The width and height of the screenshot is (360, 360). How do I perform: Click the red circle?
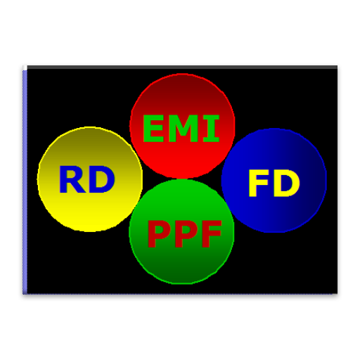(182, 126)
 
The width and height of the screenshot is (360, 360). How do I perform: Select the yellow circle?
(90, 179)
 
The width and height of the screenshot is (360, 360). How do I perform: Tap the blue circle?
(274, 180)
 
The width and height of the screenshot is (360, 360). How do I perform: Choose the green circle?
(181, 231)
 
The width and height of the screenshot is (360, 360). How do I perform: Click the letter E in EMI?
(153, 129)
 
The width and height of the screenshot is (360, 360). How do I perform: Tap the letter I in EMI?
(211, 129)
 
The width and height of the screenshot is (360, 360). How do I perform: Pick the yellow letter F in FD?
(258, 183)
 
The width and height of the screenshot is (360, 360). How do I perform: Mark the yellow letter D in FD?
(286, 183)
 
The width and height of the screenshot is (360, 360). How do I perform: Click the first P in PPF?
(160, 233)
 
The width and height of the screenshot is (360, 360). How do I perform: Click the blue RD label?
(87, 179)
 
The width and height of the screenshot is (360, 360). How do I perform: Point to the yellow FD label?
(274, 183)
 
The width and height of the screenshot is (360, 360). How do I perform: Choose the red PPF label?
(185, 233)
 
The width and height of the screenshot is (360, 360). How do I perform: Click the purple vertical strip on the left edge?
(25, 182)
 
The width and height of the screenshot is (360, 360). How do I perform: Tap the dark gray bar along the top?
(182, 67)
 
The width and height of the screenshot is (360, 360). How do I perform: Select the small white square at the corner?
(25, 67)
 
